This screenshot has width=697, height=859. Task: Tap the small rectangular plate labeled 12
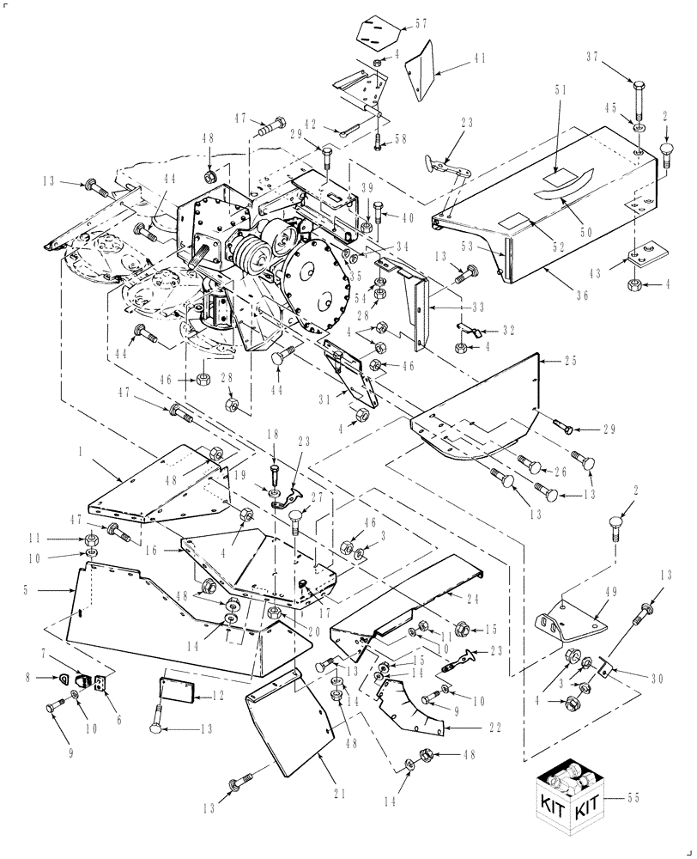tap(175, 689)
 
